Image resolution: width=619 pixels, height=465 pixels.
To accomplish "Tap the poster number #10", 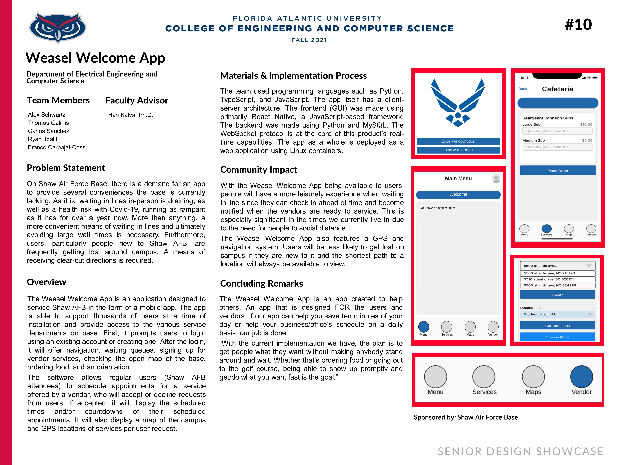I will coord(578,25).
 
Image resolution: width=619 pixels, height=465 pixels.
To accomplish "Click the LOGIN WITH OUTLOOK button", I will coord(458,142).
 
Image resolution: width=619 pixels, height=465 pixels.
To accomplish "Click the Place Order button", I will coord(557,170).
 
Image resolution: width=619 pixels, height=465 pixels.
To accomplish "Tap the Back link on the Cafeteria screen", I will coord(522,89).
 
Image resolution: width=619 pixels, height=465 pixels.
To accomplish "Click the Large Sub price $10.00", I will coord(586,124).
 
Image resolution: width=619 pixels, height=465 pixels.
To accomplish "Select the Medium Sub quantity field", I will coord(557,147).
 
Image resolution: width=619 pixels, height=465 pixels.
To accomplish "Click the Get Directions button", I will coord(557,325).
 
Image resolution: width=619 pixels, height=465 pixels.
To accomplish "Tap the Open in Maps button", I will coord(557,337).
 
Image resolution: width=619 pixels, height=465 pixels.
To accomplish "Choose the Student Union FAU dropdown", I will coord(557,314).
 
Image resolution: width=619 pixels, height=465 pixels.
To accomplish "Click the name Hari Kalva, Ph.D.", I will coord(130,115).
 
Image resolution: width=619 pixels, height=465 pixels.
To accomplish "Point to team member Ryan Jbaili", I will coord(42,139).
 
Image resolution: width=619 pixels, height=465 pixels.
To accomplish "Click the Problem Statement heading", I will coord(66,168).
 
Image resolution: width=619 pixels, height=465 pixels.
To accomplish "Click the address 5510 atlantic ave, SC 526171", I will coord(557,279).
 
